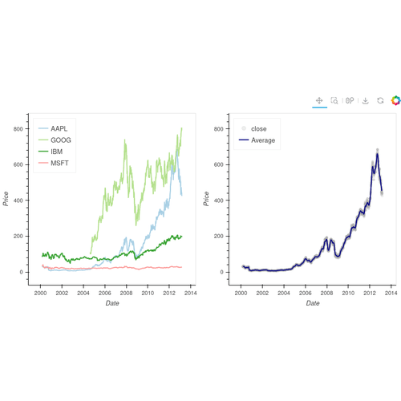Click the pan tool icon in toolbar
tap(319, 101)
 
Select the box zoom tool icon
tap(334, 101)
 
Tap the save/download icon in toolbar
tap(365, 101)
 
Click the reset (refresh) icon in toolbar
tap(380, 101)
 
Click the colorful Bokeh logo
tap(395, 101)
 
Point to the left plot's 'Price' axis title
tap(6, 198)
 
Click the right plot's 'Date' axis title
tap(313, 303)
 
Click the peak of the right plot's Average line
tap(377, 150)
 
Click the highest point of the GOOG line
tap(182, 128)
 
